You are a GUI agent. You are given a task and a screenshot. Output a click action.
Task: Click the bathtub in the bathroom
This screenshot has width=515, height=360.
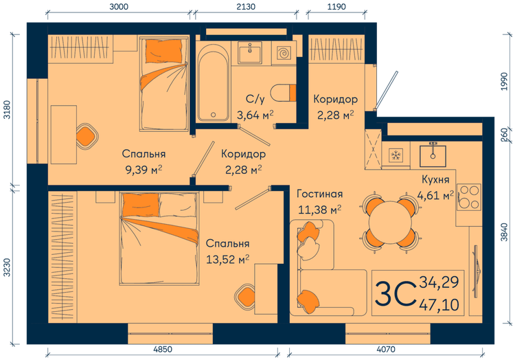click(x=213, y=82)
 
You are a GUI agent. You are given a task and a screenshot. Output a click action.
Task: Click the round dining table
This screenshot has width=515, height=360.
click(x=390, y=223)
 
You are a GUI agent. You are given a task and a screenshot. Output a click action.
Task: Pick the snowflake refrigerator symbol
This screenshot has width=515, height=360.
click(x=396, y=155)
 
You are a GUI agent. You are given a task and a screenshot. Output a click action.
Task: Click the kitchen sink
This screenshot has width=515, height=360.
click(x=433, y=156)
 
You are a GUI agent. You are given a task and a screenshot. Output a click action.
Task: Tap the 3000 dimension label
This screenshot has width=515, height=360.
click(x=119, y=7)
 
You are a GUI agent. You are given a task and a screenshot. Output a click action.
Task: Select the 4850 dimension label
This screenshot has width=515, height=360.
click(x=163, y=349)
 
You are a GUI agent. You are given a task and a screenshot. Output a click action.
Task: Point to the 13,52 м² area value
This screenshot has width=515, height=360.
click(x=227, y=260)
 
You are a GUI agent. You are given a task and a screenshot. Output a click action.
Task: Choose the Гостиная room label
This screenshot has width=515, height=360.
click(x=319, y=194)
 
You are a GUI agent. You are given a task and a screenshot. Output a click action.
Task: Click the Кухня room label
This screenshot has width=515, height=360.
click(x=435, y=179)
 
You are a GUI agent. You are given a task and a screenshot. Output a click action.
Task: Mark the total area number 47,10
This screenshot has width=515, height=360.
click(x=439, y=305)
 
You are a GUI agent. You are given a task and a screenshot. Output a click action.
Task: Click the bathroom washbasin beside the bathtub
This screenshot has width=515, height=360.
click(x=250, y=52)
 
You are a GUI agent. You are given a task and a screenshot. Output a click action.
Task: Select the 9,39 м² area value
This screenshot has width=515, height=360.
click(x=144, y=170)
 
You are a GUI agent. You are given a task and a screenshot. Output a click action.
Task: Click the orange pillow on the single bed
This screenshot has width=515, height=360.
click(x=164, y=51)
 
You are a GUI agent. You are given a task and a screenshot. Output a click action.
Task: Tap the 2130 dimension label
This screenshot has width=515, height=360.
click(x=246, y=7)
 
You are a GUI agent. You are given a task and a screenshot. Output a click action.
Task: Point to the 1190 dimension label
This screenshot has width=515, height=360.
click(x=336, y=7)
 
